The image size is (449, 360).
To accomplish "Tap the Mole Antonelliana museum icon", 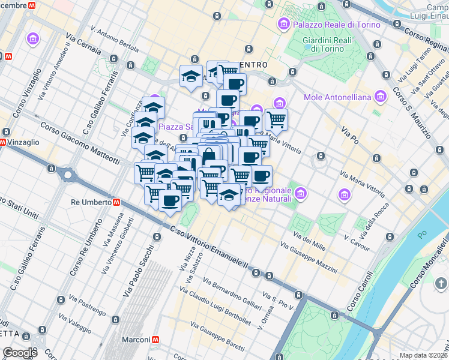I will pyautogui.click(x=379, y=97).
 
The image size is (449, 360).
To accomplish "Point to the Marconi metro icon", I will pyautogui.click(x=155, y=340).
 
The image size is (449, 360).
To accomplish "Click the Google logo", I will pyautogui.click(x=20, y=353).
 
